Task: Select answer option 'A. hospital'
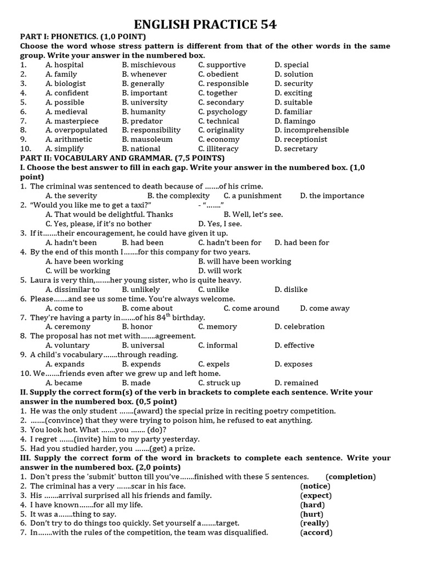[x=65, y=65]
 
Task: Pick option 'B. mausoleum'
[x=147, y=140]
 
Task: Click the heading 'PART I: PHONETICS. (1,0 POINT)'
[x=83, y=36]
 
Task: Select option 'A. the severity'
[x=71, y=196]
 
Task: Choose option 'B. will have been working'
[x=244, y=262]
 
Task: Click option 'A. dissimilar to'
[x=72, y=290]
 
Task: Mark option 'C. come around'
[x=252, y=308]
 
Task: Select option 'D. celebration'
[x=300, y=327]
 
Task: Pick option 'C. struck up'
[x=219, y=383]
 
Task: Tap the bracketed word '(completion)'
[x=350, y=477]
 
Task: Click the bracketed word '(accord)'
[x=316, y=533]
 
